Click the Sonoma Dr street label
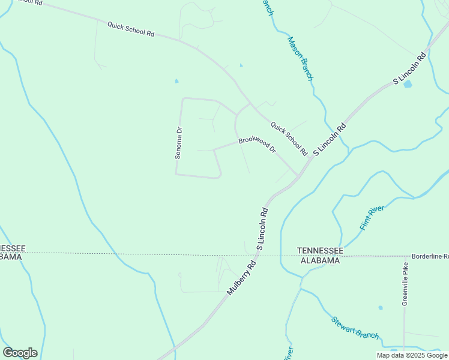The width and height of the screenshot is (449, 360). (178, 142)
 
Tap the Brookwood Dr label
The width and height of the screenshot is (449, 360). (256, 144)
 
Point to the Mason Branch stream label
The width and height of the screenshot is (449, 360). (300, 59)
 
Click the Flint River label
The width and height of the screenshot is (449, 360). (372, 217)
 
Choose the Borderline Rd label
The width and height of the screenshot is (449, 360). (429, 256)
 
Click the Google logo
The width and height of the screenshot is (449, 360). (20, 353)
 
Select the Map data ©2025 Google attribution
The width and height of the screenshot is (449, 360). (412, 355)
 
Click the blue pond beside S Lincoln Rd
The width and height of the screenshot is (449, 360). (408, 84)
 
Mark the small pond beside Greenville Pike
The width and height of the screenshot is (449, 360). (381, 308)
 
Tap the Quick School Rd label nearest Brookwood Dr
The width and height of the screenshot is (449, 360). (289, 138)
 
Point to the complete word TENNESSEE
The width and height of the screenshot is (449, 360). (321, 250)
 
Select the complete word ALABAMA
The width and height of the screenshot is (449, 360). (321, 260)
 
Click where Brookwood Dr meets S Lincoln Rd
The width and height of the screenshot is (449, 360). (298, 175)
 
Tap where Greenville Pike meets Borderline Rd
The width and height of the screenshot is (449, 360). (406, 256)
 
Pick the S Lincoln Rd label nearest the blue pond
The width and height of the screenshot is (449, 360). (409, 68)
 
